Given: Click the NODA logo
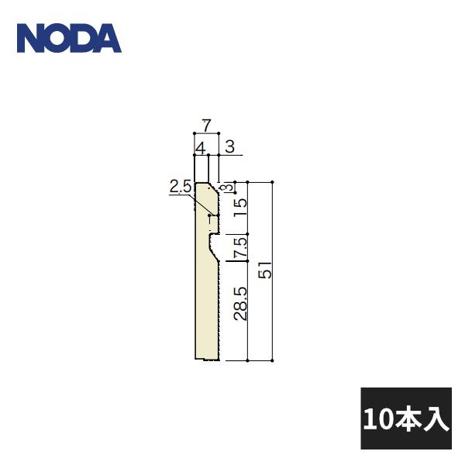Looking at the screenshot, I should (x=69, y=38).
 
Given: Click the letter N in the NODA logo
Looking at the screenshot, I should (x=31, y=38).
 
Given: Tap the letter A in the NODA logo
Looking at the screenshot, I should (x=108, y=38).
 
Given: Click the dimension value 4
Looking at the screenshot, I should (x=199, y=146).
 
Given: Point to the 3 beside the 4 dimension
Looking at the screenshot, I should (x=229, y=146).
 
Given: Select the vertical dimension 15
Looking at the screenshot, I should (x=240, y=206).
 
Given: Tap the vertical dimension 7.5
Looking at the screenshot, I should (x=240, y=248).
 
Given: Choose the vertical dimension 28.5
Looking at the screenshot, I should (x=240, y=303).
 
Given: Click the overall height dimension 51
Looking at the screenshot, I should (x=265, y=272).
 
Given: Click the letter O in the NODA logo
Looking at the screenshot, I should (x=57, y=38).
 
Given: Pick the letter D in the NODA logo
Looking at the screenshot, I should (x=82, y=38).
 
